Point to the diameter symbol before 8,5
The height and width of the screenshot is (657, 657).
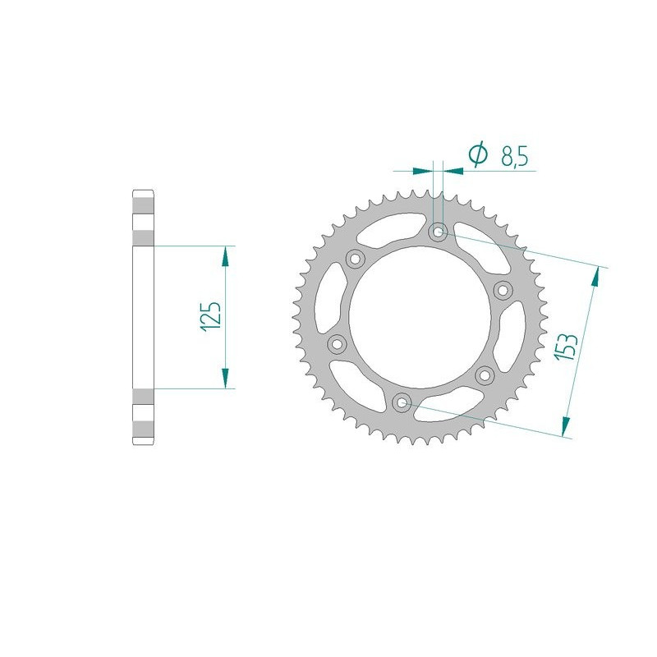tap(478, 154)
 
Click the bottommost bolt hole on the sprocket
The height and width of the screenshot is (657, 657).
tap(402, 402)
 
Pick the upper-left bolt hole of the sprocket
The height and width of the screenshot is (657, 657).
tap(356, 260)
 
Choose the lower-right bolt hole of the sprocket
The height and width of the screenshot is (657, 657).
tap(485, 374)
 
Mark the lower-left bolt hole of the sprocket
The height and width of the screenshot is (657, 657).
tap(337, 343)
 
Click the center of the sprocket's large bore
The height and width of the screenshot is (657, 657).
tap(420, 316)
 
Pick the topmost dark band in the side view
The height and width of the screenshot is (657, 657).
tap(142, 204)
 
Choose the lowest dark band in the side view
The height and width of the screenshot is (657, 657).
tap(142, 429)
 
